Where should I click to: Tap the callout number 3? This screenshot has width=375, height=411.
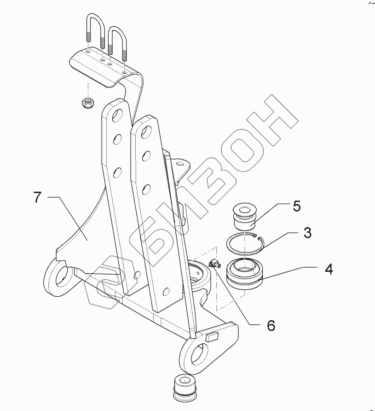307,233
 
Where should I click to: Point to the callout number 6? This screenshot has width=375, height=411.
271,325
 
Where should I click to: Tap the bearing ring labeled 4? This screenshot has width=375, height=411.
245,273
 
